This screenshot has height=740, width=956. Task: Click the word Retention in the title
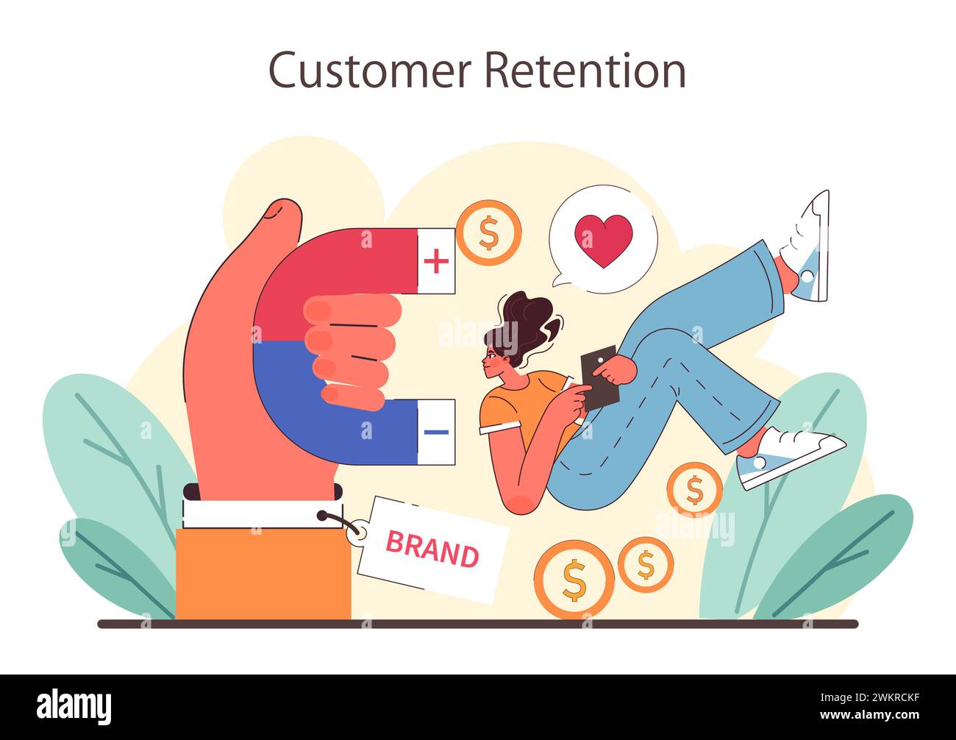pyautogui.click(x=585, y=71)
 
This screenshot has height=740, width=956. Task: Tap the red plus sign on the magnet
pyautogui.click(x=436, y=261)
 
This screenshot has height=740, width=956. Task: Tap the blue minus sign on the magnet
pyautogui.click(x=436, y=432)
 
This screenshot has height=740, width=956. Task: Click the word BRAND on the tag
pyautogui.click(x=432, y=549)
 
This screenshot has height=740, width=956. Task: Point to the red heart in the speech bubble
pyautogui.click(x=603, y=241)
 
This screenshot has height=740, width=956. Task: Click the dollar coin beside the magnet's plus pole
pyautogui.click(x=488, y=232)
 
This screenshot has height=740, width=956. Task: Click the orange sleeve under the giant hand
pyautogui.click(x=263, y=574)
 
